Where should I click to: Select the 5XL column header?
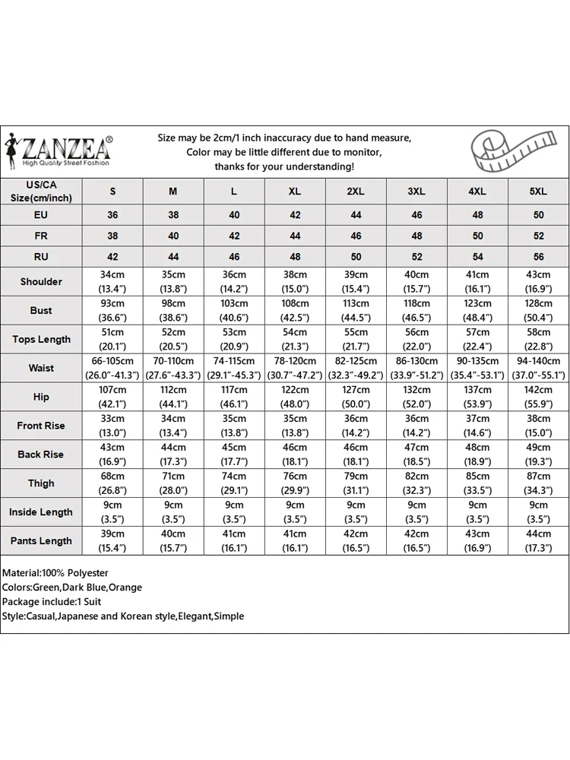(538, 192)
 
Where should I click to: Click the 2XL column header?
(356, 192)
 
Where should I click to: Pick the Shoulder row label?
(41, 282)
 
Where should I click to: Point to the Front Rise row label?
(41, 426)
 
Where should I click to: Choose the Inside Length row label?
(41, 512)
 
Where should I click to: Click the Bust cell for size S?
(112, 311)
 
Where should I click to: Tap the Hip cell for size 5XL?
(538, 397)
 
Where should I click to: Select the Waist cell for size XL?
(295, 368)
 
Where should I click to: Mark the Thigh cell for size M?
(173, 483)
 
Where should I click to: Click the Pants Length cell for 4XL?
(477, 541)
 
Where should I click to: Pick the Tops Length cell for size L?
(234, 340)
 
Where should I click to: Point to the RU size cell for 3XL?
(416, 257)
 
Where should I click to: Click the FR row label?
(41, 236)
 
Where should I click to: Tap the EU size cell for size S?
(112, 215)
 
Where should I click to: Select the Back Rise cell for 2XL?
(356, 454)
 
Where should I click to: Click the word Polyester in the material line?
(87, 573)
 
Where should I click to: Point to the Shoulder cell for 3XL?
(416, 282)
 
